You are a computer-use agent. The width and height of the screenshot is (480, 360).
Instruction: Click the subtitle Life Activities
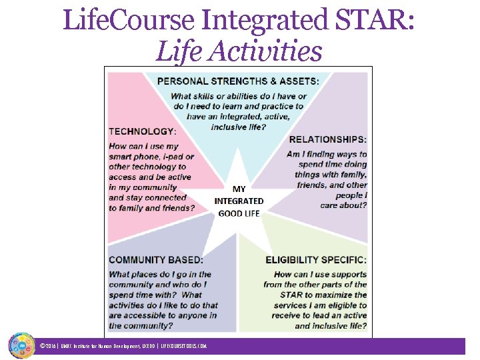(x=239, y=51)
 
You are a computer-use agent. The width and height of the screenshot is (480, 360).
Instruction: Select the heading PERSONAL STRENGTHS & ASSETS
(x=238, y=81)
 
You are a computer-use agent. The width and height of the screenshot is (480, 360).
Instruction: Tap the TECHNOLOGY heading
(x=142, y=131)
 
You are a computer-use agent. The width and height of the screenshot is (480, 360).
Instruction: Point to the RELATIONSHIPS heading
(x=327, y=139)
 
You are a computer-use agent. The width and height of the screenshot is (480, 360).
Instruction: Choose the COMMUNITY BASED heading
(x=156, y=259)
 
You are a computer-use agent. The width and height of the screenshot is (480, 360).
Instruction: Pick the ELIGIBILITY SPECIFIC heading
(x=316, y=259)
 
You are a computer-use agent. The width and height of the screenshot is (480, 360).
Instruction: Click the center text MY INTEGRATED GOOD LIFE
(x=239, y=201)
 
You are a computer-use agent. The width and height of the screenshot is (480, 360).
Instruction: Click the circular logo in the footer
(x=21, y=345)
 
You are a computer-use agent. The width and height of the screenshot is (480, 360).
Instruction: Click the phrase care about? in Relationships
(x=343, y=205)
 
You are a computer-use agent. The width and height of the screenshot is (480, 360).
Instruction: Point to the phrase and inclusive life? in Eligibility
(x=331, y=326)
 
